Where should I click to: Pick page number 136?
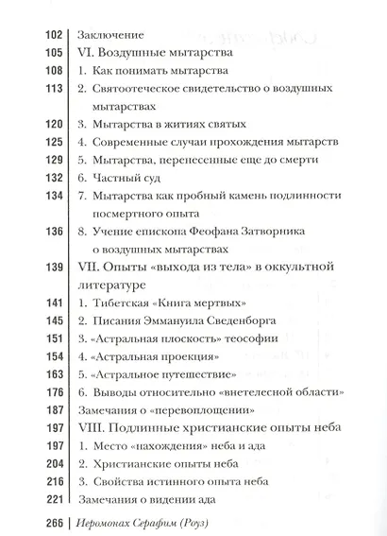coord(48,229)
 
